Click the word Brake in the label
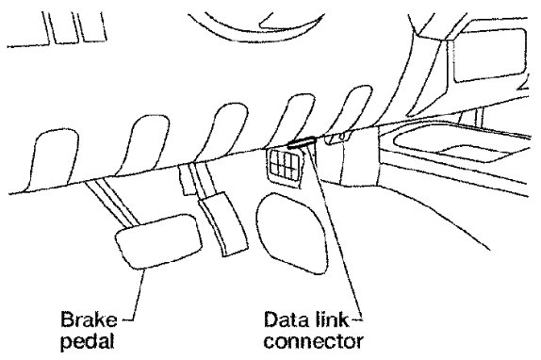coord(89,319)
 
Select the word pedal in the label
coord(88,341)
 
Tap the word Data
coord(287,319)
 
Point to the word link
coord(333,319)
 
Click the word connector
coord(313,341)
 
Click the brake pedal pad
coord(158,240)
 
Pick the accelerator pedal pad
coord(222,224)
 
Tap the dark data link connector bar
coord(302,141)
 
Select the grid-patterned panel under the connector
coord(284,167)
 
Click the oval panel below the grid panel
coord(291,233)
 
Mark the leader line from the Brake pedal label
coord(138,296)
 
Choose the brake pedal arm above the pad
coord(112,204)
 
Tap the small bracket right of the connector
coord(337,138)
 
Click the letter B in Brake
coord(68,319)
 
